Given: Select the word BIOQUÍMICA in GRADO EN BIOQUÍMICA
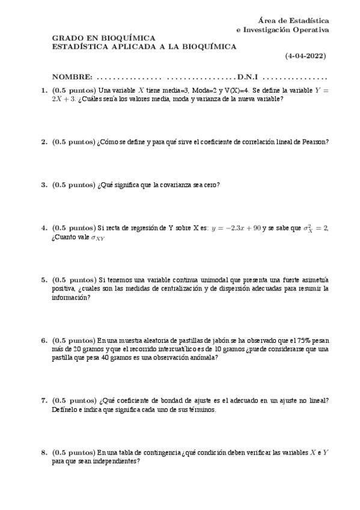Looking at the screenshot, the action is click(126, 37).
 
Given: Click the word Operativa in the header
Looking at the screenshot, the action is click(310, 29).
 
